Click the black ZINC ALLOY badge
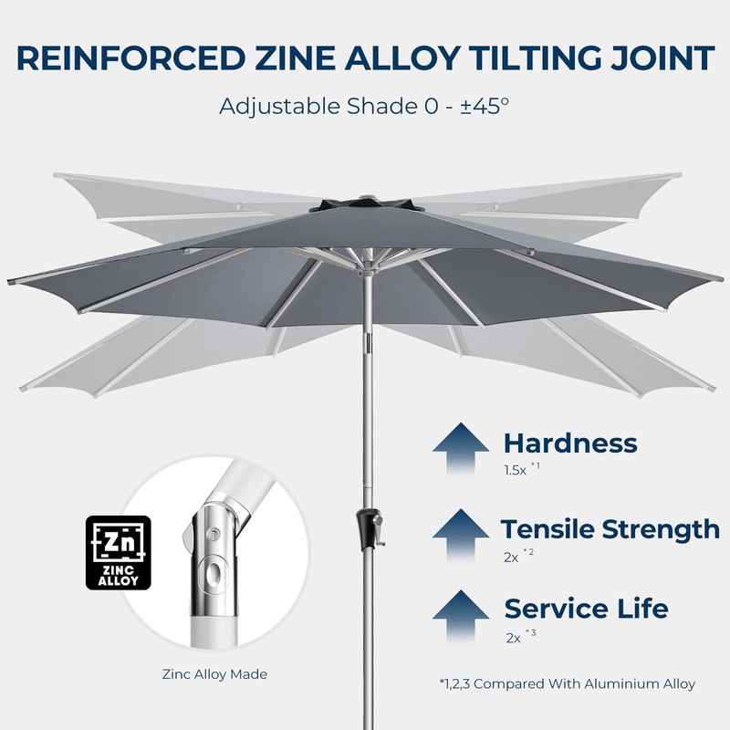pos(118,554)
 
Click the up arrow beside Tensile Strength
pos(461,535)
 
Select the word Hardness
pos(570,443)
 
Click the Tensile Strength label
pos(610,528)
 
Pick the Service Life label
pos(586,608)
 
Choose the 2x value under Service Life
pos(513,636)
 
